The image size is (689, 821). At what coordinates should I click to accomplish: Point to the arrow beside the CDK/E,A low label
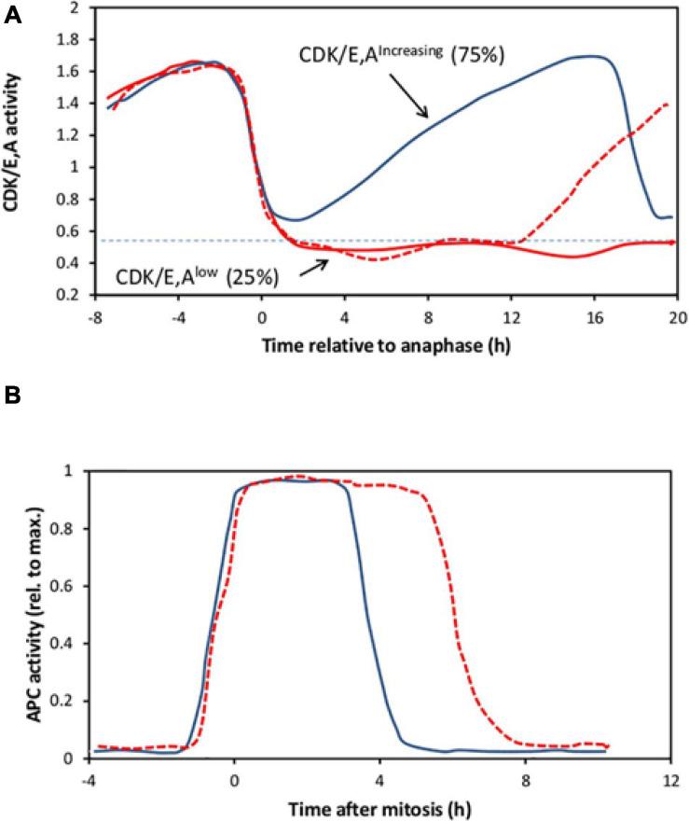tap(314, 267)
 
